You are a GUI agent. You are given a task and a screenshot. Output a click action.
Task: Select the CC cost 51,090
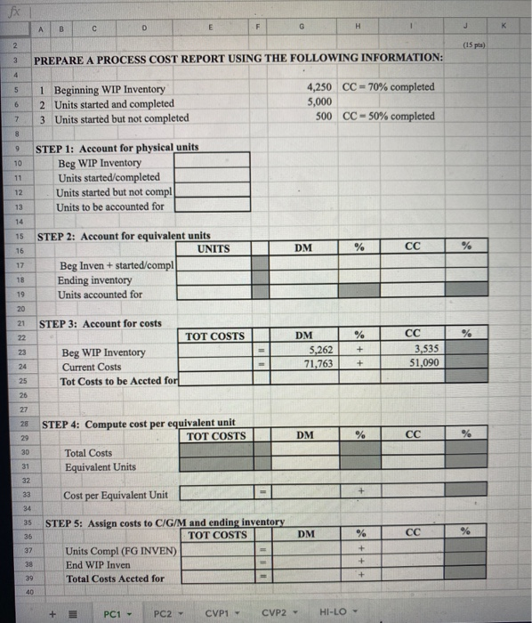point(421,364)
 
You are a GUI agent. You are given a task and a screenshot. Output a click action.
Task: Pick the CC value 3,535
point(423,351)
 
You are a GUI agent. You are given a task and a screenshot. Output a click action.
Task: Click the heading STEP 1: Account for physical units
point(117,148)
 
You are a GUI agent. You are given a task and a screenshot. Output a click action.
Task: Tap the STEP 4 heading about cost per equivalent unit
point(139,424)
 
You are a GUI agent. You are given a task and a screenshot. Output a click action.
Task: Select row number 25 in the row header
point(17,380)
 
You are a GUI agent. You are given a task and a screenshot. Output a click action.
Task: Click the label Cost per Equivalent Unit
point(115,495)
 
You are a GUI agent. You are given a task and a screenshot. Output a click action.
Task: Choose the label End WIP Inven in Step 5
point(98,564)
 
